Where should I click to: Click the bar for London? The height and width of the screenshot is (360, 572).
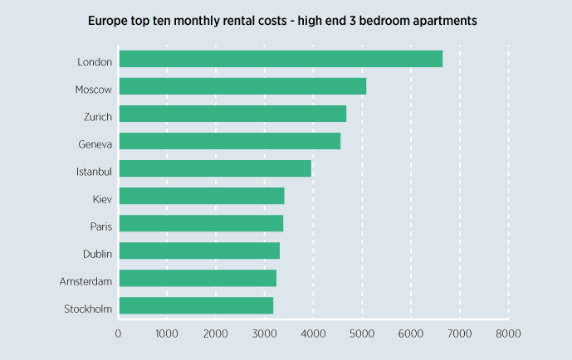click(281, 59)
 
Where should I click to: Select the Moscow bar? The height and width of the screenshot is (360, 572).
click(242, 86)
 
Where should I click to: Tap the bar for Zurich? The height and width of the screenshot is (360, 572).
click(232, 114)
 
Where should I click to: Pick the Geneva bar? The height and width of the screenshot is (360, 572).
click(230, 141)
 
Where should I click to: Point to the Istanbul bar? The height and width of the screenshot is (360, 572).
click(215, 168)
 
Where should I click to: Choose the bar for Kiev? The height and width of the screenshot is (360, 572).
click(202, 196)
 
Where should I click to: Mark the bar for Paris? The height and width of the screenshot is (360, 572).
click(201, 223)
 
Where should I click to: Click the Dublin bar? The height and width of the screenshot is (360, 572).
click(199, 251)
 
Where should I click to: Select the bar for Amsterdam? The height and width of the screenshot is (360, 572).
click(198, 278)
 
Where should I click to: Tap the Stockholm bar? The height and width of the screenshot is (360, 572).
click(196, 305)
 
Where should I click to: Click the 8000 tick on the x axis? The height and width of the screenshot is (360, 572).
click(508, 333)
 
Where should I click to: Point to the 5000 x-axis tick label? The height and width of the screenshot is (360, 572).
click(362, 333)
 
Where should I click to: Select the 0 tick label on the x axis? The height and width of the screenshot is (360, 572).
click(119, 333)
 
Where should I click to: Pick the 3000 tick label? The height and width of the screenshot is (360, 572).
click(264, 333)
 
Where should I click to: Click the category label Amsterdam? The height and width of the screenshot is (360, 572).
click(86, 282)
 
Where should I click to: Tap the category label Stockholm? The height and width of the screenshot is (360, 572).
click(88, 309)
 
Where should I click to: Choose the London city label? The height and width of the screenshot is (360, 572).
click(95, 62)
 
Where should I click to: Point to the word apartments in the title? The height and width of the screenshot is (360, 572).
click(438, 21)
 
